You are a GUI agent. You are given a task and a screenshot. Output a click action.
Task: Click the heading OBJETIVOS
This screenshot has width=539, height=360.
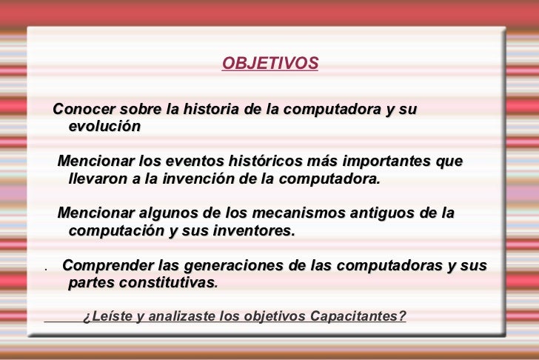point(270,63)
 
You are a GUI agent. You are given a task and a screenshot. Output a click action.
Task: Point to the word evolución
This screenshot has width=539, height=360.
point(105,126)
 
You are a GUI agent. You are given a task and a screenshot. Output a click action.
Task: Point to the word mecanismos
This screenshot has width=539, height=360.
point(298,213)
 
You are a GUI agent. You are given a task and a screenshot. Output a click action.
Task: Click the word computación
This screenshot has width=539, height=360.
point(116,230)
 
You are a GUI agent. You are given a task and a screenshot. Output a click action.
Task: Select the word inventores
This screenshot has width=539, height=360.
point(254,230)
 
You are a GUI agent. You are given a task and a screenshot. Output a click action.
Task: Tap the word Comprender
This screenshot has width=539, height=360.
point(108,265)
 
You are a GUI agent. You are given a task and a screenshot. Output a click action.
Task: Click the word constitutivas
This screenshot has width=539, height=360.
point(169,283)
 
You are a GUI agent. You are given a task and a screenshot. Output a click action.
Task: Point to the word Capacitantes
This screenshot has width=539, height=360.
point(358,316)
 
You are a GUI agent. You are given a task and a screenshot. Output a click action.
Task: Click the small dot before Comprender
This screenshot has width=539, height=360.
point(46,270)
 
